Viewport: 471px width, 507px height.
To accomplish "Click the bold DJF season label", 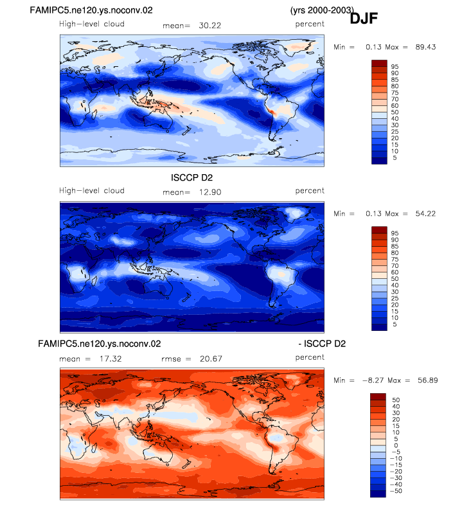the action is (364, 19).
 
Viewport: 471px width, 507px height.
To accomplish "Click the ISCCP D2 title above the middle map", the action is (191, 177).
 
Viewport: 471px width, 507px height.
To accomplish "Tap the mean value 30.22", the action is (210, 26).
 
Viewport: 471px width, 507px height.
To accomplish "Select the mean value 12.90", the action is (210, 192).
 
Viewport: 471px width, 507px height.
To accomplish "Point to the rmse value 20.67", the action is (211, 359).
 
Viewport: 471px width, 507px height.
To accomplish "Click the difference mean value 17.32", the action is (111, 359).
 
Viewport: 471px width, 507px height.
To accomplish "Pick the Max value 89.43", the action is (425, 47).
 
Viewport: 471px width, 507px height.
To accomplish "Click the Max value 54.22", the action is (425, 213).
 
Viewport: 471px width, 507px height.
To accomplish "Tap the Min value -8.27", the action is (373, 380).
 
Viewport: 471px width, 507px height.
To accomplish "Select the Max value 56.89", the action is (428, 380).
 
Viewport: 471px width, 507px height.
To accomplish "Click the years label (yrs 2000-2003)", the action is (322, 10).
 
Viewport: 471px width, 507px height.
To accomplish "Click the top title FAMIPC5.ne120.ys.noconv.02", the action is (91, 10).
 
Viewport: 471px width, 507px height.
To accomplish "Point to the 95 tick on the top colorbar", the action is (395, 67).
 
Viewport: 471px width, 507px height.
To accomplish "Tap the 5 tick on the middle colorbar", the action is (395, 325).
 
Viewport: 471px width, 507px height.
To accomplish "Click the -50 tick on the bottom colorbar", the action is (396, 491).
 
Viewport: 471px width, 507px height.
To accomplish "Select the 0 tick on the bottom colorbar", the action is (396, 445).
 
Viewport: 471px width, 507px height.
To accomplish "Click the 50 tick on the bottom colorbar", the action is (396, 400).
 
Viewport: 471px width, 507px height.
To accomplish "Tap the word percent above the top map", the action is (310, 24).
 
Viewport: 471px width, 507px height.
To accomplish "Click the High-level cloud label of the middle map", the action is (92, 191).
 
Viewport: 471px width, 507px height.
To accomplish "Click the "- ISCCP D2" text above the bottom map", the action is (322, 343).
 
